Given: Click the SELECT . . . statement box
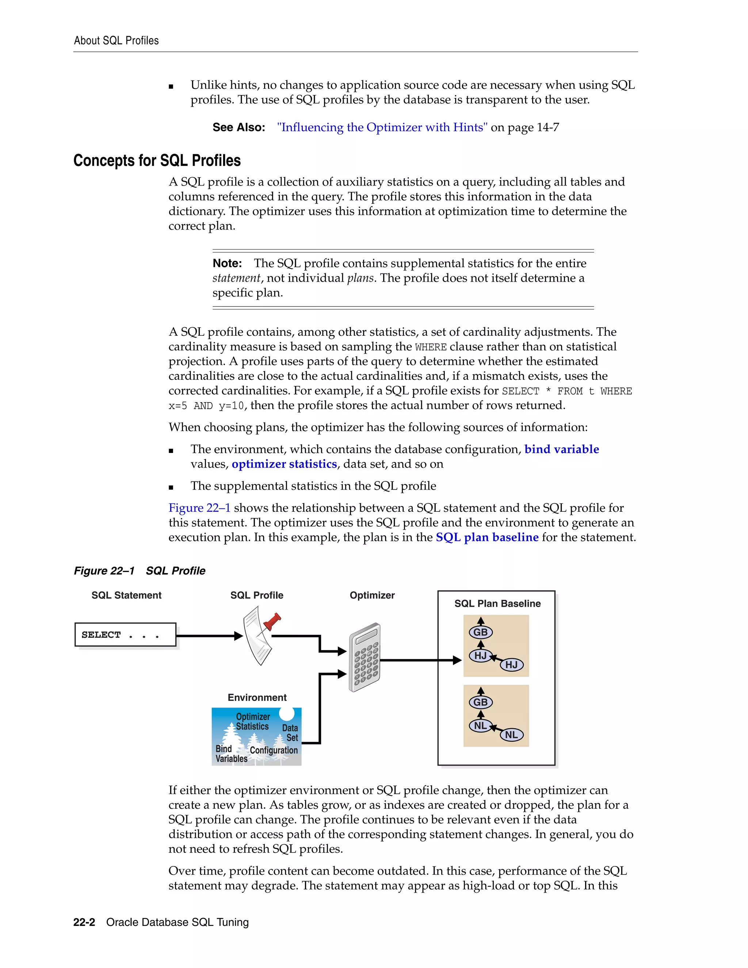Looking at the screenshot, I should (125, 635).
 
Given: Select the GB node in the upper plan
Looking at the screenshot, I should (481, 632).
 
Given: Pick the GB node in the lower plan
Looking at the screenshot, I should (481, 702).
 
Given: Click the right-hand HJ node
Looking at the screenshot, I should (511, 665).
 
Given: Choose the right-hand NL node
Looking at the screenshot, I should (511, 735).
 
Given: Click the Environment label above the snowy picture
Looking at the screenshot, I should (257, 697).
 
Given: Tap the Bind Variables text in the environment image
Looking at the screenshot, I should (230, 754).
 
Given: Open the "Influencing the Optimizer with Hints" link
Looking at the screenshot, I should (382, 127).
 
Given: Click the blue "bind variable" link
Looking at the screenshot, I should (561, 449).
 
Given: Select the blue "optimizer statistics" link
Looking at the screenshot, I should (284, 464).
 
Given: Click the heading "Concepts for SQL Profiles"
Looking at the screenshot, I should (157, 160).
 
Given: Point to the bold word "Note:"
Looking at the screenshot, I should (227, 263).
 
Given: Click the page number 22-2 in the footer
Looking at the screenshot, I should (84, 922).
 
